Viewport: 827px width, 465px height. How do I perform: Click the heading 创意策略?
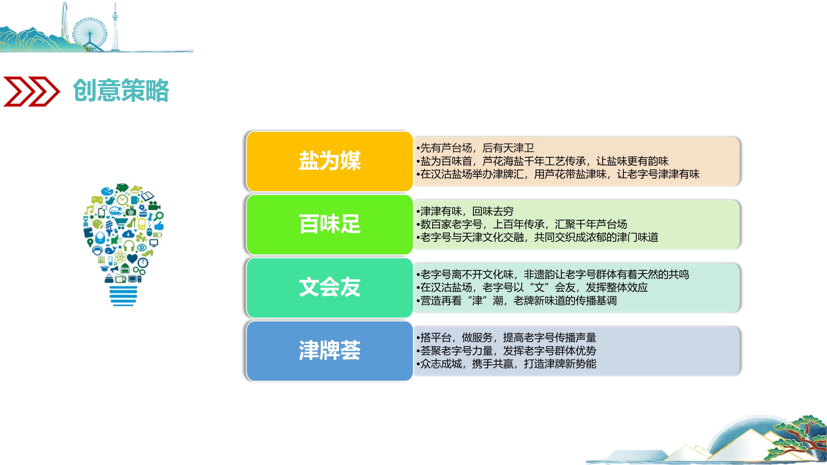(121, 91)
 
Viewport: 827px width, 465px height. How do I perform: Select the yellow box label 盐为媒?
(330, 160)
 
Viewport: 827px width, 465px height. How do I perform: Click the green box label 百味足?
(330, 224)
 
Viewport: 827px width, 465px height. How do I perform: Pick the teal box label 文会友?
(330, 287)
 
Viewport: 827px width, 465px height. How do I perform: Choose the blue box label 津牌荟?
(330, 350)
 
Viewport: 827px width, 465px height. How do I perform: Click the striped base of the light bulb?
(123, 296)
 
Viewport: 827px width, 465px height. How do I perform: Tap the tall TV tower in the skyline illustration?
(115, 27)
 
